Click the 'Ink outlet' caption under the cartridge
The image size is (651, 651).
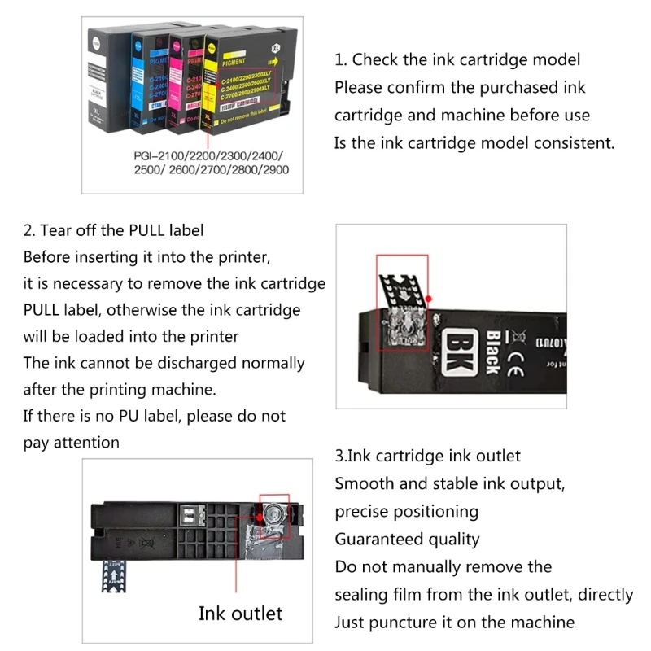[240, 613]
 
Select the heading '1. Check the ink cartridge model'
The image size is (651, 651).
[457, 59]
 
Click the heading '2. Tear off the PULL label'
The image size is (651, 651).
[113, 230]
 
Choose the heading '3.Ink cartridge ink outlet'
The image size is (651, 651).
[427, 456]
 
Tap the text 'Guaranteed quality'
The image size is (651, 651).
[407, 539]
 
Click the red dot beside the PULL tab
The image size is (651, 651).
[429, 299]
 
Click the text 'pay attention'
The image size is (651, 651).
[71, 443]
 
